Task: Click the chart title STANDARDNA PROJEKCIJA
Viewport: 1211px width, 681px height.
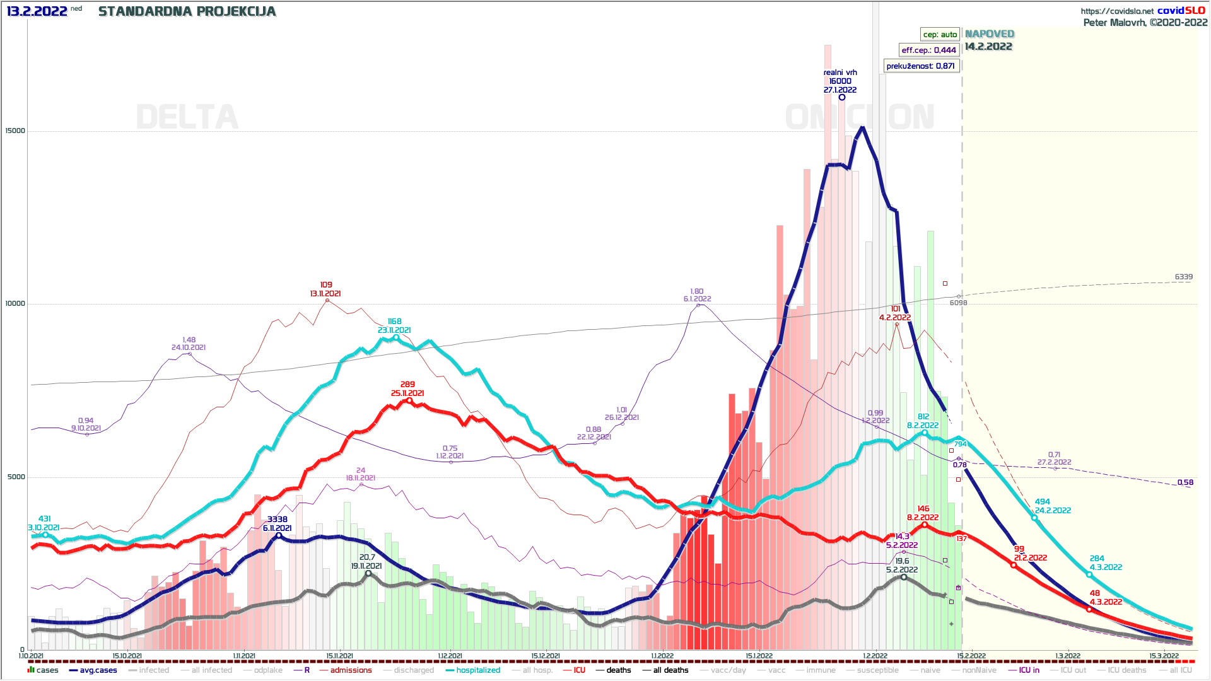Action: coord(187,11)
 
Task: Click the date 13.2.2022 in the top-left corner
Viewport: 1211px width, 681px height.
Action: coord(37,11)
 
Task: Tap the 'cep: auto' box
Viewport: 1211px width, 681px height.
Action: coord(940,35)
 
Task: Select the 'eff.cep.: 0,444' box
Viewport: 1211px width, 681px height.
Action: coord(928,50)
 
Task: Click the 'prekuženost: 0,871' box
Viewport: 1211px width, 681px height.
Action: coord(920,66)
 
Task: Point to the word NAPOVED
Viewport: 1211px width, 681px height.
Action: coord(990,34)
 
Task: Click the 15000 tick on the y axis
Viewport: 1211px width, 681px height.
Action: coord(15,131)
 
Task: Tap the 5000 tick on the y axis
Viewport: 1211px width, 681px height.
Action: coord(16,477)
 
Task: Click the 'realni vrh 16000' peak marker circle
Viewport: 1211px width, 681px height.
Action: coord(841,97)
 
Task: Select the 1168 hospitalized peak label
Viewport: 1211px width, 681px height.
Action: coord(394,322)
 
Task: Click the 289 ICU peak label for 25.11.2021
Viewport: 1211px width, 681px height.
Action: coord(407,385)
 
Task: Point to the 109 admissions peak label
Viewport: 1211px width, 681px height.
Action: coord(325,285)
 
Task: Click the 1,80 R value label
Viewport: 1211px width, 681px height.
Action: coord(697,291)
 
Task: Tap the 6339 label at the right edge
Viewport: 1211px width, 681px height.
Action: coord(1183,277)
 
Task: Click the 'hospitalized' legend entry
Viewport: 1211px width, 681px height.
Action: coord(477,670)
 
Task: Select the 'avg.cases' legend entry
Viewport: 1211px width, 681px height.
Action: coord(98,670)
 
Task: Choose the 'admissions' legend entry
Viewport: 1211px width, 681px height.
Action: coord(351,670)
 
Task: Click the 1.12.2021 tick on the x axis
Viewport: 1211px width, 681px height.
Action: coord(450,656)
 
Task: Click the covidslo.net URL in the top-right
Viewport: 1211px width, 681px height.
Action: coord(1117,11)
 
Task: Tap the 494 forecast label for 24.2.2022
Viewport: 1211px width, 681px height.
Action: coord(1043,502)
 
